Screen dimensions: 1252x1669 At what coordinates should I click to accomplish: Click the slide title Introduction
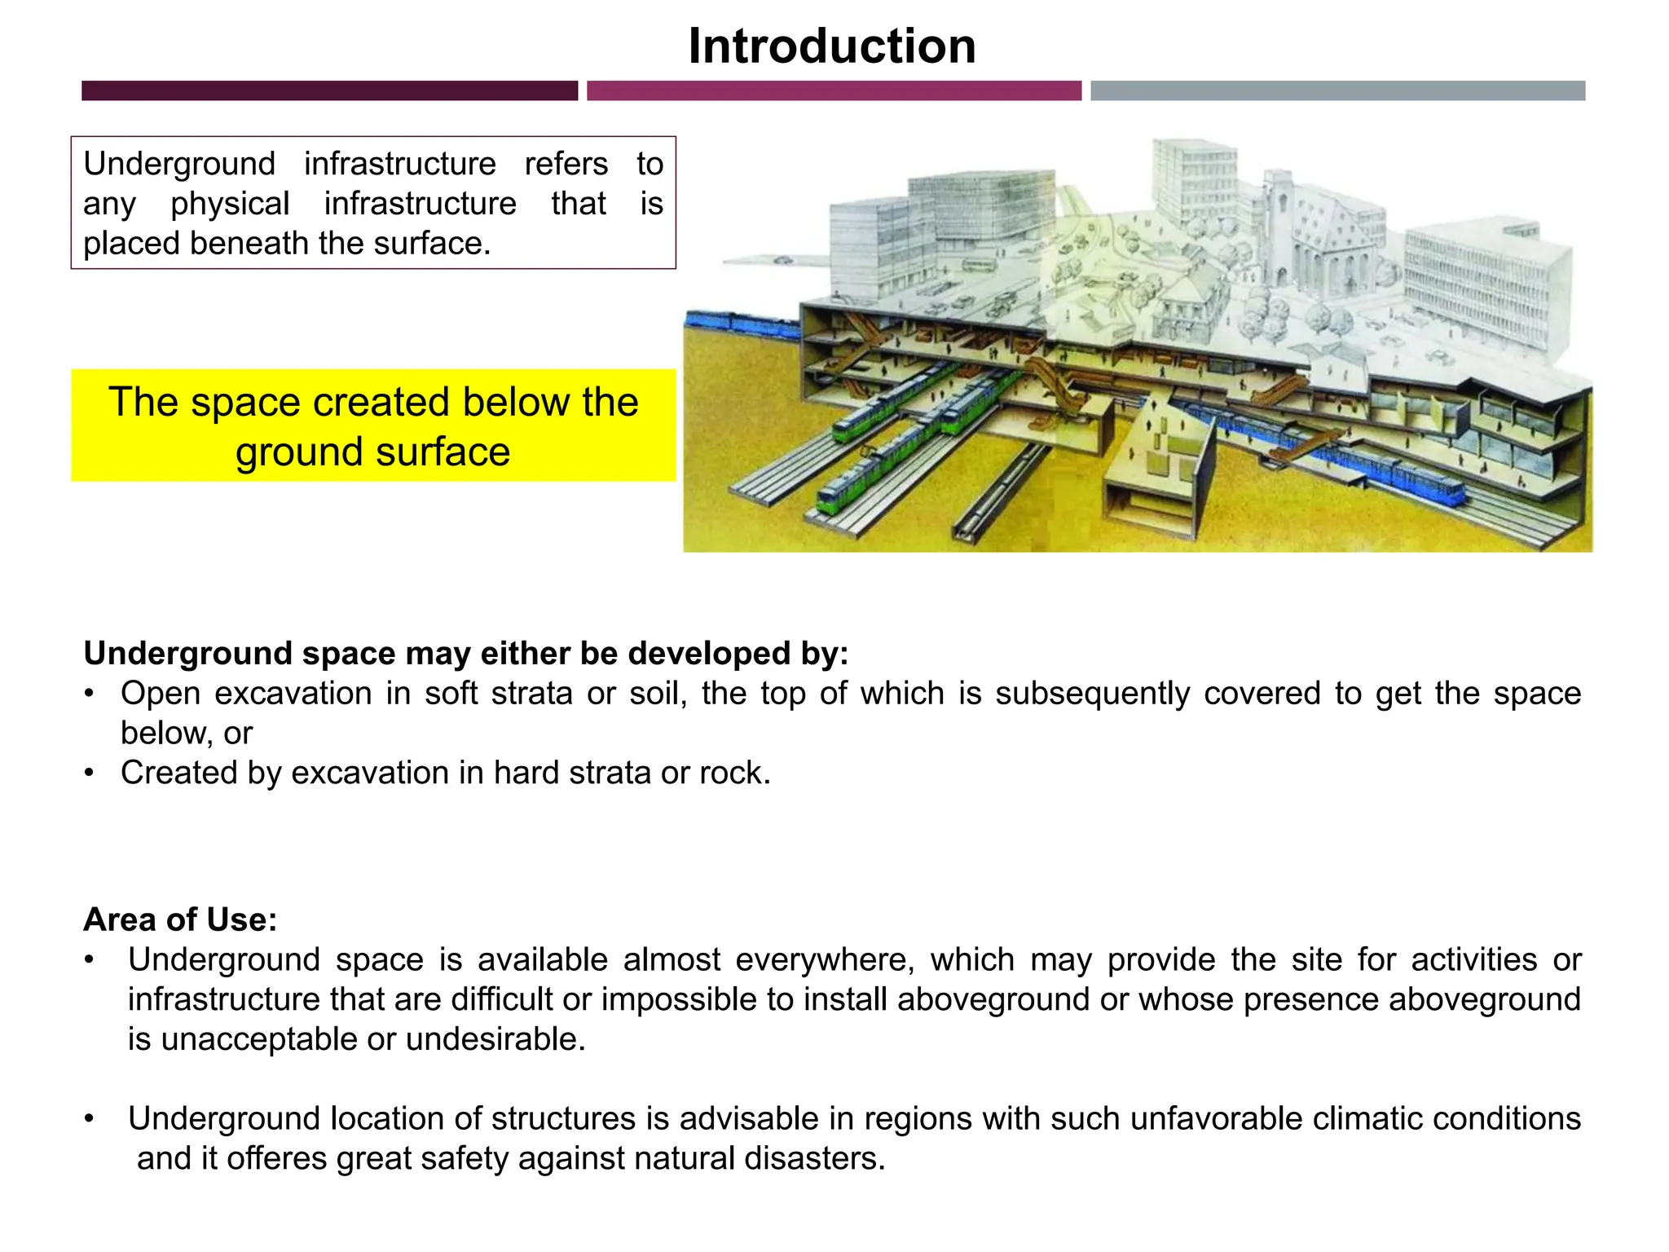click(832, 46)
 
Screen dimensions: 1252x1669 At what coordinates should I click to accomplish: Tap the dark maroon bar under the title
click(329, 90)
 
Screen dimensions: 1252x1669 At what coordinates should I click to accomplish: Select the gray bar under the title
click(1337, 90)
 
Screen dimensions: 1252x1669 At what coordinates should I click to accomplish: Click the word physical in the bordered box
click(230, 204)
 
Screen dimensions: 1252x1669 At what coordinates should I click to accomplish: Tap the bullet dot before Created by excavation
click(89, 773)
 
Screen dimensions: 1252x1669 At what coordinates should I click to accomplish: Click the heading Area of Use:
click(180, 919)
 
